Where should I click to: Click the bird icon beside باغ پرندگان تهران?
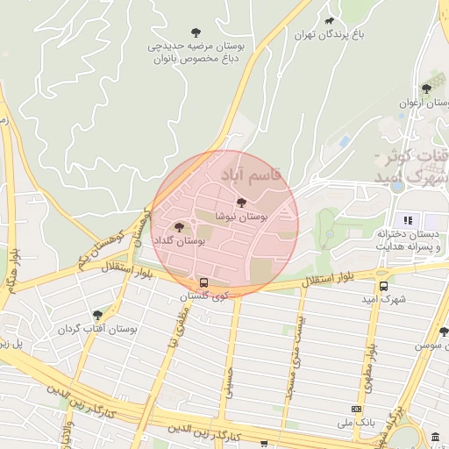329,20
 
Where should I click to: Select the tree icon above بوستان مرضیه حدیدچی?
196,32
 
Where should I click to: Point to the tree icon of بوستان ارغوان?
426,88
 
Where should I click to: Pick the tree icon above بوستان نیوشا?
242,203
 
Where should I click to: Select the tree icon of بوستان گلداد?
179,226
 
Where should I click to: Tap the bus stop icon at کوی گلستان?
203,283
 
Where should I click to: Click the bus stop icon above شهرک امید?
383,286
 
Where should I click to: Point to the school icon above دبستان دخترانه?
406,219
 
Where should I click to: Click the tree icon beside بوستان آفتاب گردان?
97,315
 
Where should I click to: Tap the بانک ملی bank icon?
356,409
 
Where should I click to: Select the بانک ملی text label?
356,422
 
